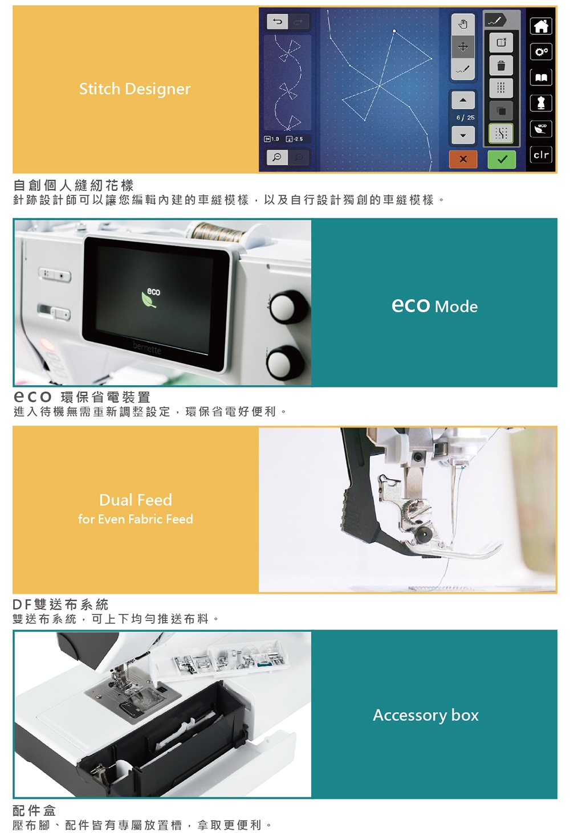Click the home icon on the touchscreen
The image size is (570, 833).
(541, 26)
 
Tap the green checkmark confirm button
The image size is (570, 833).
(502, 160)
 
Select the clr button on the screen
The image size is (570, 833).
(541, 155)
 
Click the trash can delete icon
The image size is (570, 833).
(501, 66)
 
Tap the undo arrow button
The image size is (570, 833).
(277, 22)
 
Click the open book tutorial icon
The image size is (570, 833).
(541, 77)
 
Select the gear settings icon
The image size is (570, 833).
(541, 51)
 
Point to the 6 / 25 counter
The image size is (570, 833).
(466, 117)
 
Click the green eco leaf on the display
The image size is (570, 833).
(149, 300)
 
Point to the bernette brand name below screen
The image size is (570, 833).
(146, 348)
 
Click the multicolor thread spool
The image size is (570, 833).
(218, 232)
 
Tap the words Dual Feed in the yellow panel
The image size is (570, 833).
(136, 500)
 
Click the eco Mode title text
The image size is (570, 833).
(434, 306)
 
